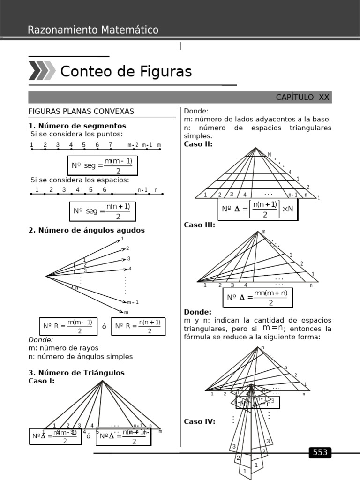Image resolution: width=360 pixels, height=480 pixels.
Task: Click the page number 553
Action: click(x=320, y=452)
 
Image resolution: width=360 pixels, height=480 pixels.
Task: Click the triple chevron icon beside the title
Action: click(x=42, y=71)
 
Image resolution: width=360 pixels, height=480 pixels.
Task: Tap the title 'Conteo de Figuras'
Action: click(x=126, y=71)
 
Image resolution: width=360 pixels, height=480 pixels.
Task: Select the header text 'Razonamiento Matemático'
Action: click(x=93, y=30)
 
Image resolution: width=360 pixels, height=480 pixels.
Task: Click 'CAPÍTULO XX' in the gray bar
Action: click(x=302, y=97)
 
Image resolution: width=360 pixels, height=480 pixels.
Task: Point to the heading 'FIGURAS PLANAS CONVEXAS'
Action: click(x=82, y=111)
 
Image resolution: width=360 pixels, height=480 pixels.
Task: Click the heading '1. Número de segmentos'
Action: click(x=77, y=126)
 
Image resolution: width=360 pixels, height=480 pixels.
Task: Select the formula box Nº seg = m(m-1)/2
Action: click(x=103, y=165)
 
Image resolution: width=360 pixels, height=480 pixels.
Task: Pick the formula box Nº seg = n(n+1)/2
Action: click(x=102, y=211)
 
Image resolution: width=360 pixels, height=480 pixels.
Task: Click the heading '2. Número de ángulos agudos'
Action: click(x=87, y=230)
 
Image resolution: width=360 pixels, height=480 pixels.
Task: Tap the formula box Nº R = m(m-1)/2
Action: click(x=66, y=327)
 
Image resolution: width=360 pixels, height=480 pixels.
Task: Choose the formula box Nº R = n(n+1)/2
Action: click(x=138, y=327)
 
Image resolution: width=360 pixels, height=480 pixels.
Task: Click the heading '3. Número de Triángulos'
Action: click(x=76, y=373)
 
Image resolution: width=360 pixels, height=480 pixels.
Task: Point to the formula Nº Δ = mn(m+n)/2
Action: click(x=257, y=297)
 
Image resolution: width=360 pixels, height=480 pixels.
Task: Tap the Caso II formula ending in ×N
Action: click(x=258, y=209)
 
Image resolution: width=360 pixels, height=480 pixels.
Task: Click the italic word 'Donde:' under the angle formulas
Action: click(x=41, y=340)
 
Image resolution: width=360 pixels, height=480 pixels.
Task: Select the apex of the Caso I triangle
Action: click(x=102, y=381)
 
